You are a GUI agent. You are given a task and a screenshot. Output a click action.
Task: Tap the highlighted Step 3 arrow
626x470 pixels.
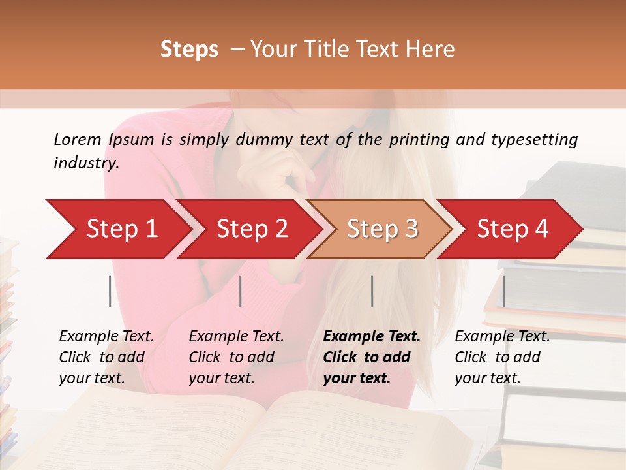point(382,229)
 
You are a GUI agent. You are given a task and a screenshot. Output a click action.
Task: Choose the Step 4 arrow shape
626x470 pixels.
point(513,229)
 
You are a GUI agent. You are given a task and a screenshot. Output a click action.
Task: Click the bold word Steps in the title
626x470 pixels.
point(189,50)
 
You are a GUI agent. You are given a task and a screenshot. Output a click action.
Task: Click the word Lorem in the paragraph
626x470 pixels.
point(78,140)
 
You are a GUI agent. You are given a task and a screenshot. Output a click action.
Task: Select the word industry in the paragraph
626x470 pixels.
point(85,163)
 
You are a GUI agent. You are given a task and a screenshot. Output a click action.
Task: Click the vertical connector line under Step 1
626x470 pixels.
point(110,291)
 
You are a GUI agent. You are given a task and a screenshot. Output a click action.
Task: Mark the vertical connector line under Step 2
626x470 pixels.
point(241,291)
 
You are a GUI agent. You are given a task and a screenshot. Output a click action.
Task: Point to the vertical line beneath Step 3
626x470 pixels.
point(372,291)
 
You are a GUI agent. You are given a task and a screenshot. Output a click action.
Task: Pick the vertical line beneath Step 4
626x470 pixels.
point(503,291)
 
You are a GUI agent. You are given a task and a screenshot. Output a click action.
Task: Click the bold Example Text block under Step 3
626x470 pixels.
point(372,357)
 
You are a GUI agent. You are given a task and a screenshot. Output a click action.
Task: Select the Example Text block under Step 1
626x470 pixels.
point(106,357)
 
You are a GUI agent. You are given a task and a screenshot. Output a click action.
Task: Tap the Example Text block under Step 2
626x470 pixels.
point(236,357)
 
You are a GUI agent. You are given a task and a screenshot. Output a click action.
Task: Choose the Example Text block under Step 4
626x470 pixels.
point(502,357)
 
